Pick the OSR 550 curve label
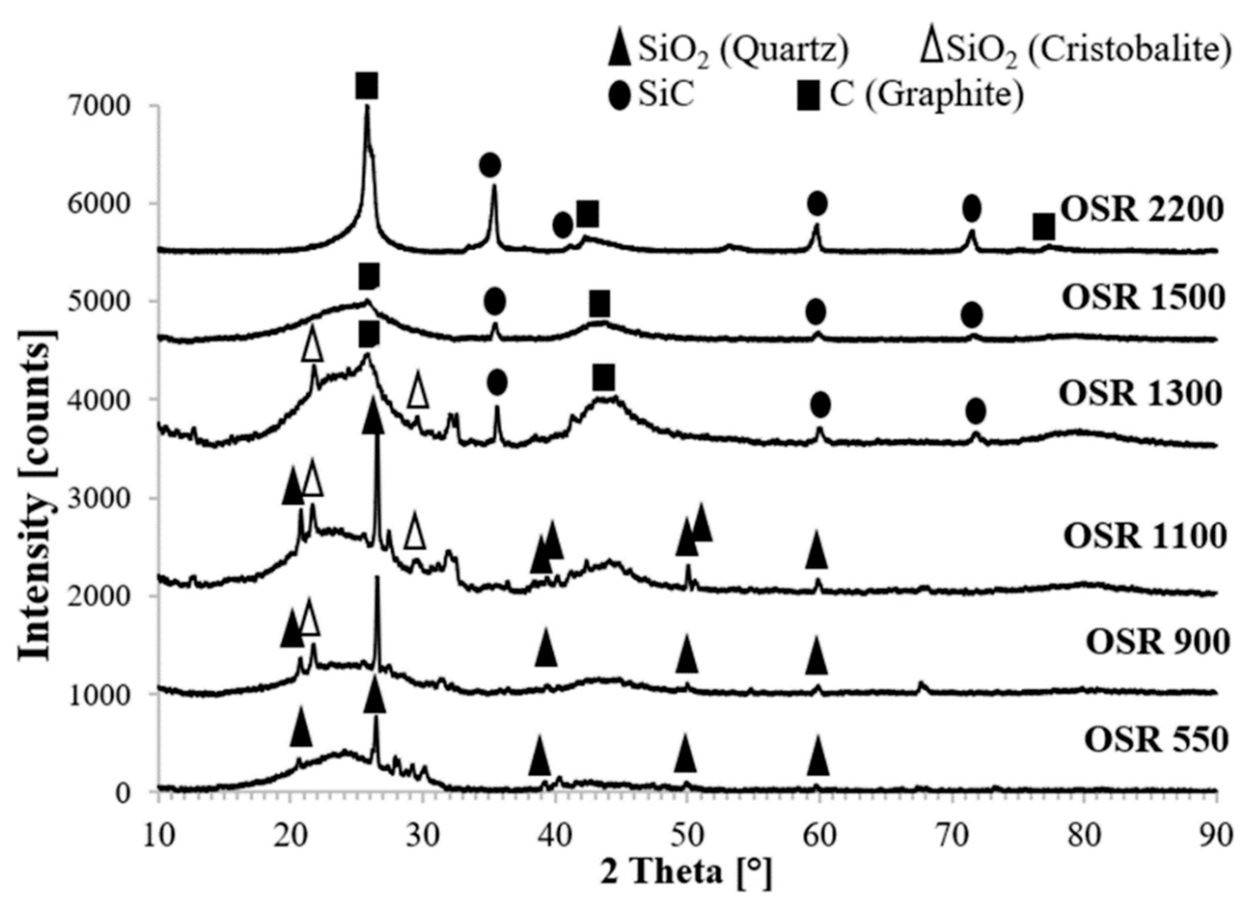point(1156,740)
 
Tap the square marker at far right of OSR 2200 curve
point(1043,228)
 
